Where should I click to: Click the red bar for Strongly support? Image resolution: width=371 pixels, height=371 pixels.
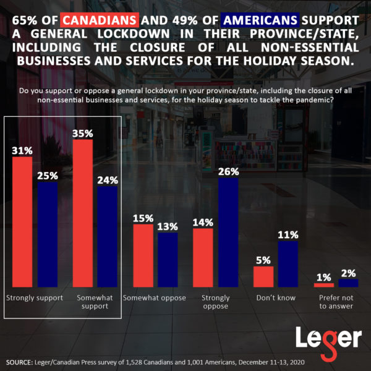point(22,221)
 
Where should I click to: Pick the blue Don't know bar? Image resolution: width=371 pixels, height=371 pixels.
point(288,264)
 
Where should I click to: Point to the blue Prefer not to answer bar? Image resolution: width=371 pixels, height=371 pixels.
point(348,283)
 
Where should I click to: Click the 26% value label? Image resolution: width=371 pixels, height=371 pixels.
point(228,170)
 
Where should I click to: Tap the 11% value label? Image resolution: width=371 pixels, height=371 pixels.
point(288,234)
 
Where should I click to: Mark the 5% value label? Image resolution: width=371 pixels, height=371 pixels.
point(263,260)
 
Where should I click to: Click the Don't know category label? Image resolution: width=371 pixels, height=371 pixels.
point(276,298)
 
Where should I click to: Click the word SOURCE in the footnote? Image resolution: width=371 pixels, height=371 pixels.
point(22,360)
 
